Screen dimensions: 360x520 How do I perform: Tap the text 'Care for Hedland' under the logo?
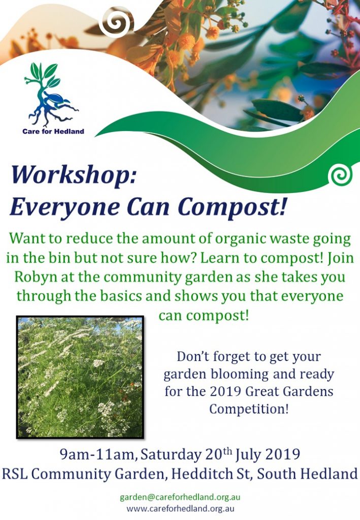click(53, 132)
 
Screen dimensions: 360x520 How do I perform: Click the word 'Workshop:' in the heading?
click(74, 175)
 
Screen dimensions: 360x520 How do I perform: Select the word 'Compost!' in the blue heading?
click(232, 207)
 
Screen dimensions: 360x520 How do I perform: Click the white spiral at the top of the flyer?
click(116, 23)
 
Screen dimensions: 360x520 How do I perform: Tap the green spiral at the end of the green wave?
click(340, 175)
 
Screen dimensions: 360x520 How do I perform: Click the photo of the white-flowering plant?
click(80, 377)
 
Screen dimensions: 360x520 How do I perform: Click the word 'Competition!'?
click(249, 409)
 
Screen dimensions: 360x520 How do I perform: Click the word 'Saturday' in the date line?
click(171, 454)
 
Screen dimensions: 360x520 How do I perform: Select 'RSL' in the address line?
click(14, 474)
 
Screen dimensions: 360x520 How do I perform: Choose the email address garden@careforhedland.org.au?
click(180, 498)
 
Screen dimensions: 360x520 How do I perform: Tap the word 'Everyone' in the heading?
click(65, 208)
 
